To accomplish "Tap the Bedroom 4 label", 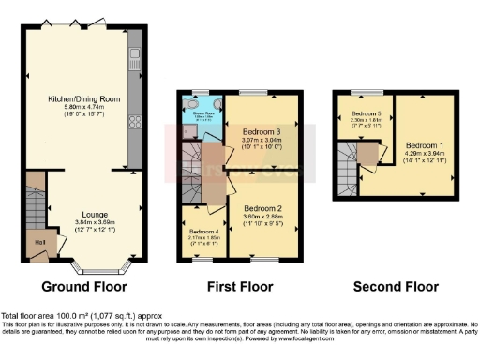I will click(x=202, y=231).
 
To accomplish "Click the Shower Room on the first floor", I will click(x=202, y=114).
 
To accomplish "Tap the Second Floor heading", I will click(x=397, y=286).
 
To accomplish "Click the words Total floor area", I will click(x=28, y=315).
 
